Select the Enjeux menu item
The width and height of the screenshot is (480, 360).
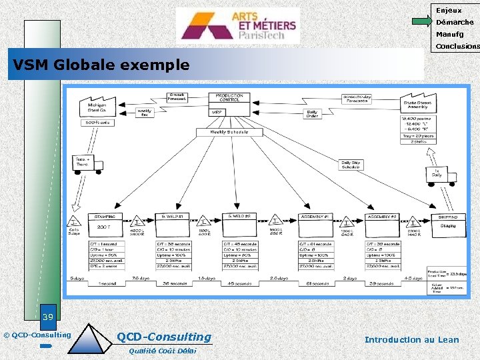449,10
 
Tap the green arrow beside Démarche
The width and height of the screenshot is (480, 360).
421,22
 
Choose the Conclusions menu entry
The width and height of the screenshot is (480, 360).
457,47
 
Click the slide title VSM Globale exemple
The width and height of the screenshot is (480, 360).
99,65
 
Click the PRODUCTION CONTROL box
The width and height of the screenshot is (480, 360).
229,98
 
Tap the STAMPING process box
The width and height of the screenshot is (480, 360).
105,227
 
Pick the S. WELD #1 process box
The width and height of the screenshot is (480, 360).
175,227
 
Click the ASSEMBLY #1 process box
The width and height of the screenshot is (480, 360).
316,227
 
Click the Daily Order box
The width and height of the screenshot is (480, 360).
312,113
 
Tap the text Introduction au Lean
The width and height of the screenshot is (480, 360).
411,339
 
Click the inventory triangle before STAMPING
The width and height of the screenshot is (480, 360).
74,221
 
